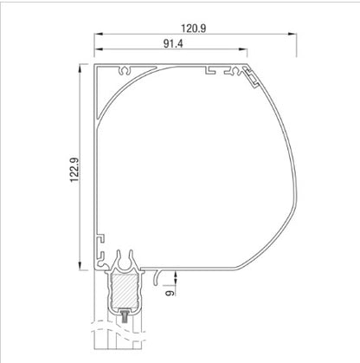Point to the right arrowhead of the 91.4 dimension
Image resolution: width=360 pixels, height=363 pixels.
click(244, 52)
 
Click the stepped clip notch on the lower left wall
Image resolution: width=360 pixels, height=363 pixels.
click(100, 237)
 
